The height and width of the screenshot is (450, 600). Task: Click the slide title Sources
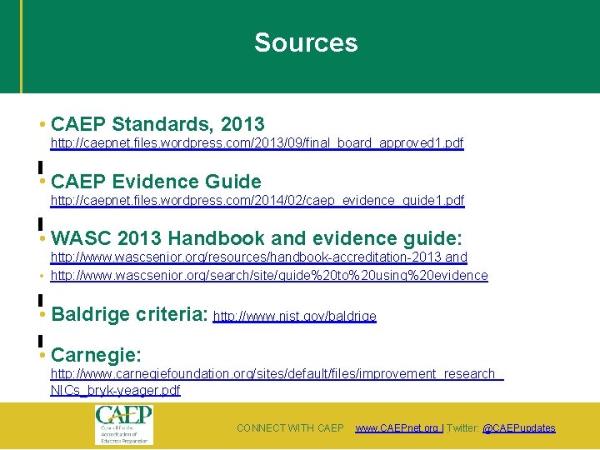306,43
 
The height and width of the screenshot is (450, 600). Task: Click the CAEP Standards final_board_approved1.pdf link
257,143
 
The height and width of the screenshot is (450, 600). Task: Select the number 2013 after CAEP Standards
242,125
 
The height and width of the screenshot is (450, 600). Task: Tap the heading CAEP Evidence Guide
156,182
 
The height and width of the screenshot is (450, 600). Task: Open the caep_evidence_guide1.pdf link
257,201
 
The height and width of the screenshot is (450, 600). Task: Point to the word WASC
79,238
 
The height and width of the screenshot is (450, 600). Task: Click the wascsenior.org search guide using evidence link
269,275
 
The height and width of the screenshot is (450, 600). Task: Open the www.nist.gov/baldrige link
295,317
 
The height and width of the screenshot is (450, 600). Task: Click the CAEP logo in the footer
122,424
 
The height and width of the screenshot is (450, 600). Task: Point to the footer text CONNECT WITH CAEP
290,428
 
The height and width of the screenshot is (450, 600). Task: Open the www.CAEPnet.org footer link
397,428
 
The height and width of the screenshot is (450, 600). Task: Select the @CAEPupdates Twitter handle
518,428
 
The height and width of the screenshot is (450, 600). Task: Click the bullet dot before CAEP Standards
42,125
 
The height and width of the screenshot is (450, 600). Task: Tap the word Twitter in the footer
462,428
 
